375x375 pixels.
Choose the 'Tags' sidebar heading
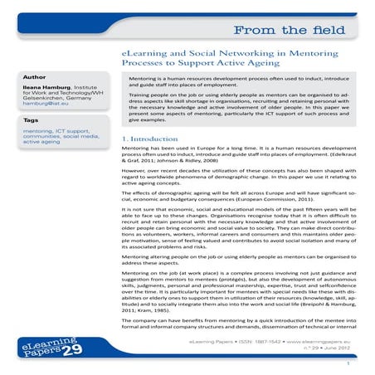[x=32, y=120]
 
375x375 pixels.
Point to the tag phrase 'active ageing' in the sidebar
[x=42, y=141]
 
